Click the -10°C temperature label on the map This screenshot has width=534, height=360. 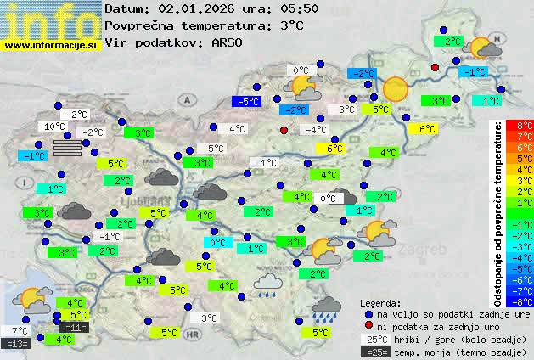[x=53, y=127]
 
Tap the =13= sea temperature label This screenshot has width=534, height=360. [x=17, y=344]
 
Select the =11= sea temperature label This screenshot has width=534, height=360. [x=75, y=327]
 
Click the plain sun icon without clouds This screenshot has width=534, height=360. [x=396, y=89]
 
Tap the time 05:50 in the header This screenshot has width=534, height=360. [x=278, y=8]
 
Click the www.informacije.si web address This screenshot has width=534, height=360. [x=51, y=44]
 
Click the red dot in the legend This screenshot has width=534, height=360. [x=369, y=326]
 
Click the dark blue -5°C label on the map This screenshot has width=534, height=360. [x=247, y=102]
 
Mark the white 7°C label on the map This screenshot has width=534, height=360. [x=20, y=331]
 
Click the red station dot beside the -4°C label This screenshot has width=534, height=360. [x=284, y=130]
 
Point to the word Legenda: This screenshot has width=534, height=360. [x=380, y=302]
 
